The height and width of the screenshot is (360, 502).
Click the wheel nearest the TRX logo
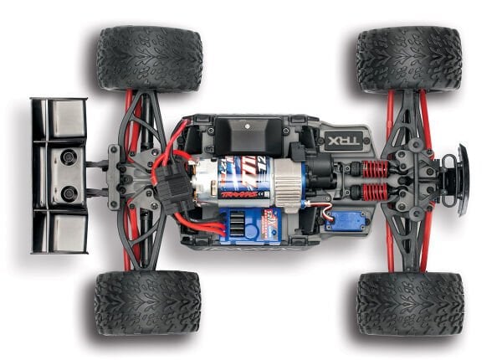point(408,59)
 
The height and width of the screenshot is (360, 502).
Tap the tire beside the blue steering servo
point(410,302)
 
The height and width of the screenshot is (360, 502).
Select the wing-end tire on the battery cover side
point(149,59)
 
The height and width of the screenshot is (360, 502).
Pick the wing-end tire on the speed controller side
point(147,301)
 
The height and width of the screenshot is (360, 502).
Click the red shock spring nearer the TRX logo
point(373,169)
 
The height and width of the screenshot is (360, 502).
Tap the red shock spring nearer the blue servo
point(373,193)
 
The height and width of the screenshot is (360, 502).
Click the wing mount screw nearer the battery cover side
point(68,157)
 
